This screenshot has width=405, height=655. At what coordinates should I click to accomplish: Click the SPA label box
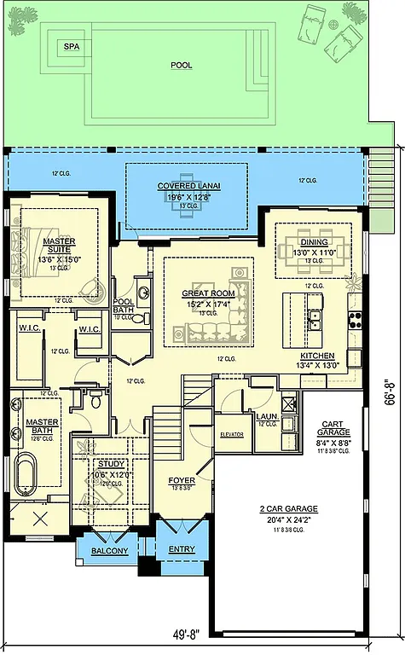[x=72, y=49]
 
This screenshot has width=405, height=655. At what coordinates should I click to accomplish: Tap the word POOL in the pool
[x=181, y=65]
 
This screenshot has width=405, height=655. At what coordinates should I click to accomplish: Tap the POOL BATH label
[x=124, y=305]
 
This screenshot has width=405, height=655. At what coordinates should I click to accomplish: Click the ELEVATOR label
[x=232, y=435]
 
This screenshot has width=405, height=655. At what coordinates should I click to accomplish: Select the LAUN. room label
[x=265, y=416]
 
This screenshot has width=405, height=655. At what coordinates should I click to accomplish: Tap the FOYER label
[x=182, y=480]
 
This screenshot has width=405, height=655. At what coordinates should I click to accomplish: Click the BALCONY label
[x=110, y=551]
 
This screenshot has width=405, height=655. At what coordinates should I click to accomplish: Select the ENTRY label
[x=181, y=548]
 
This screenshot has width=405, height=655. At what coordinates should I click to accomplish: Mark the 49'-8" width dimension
[x=182, y=634]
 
